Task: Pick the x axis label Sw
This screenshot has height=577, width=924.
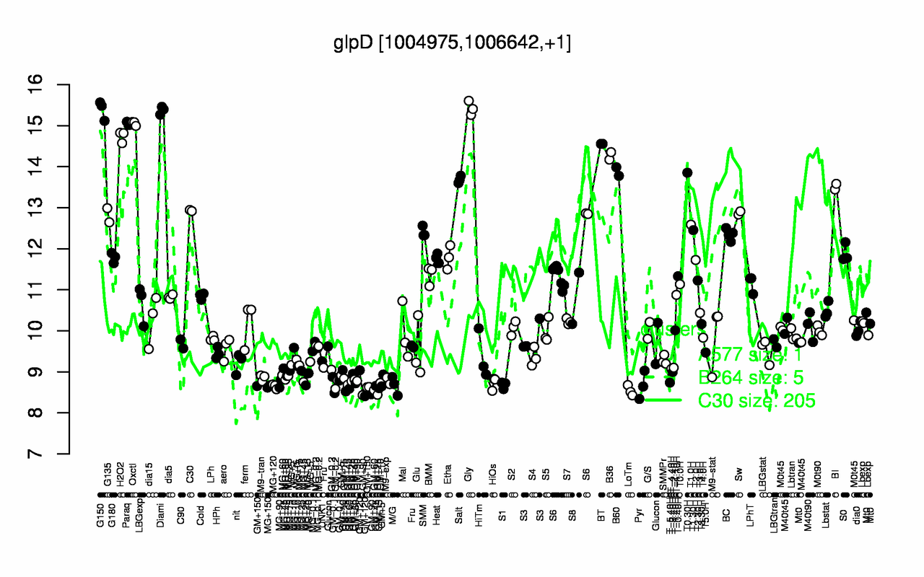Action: [x=738, y=476]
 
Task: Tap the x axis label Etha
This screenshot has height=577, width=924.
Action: [x=448, y=477]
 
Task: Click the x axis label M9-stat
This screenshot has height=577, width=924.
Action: [x=712, y=483]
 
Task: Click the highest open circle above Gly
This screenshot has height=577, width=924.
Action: [x=468, y=101]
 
